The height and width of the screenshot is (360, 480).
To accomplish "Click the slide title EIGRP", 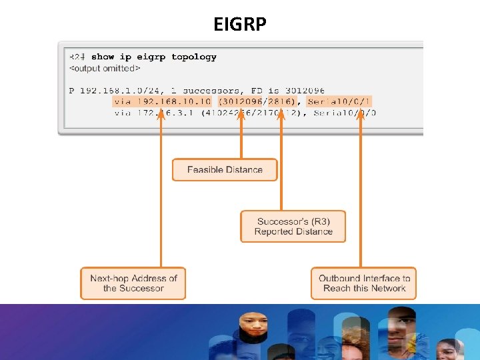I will tap(240, 25).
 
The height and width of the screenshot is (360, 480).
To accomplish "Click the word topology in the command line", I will tap(193, 57).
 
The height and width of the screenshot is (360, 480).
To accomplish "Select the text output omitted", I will tap(105, 68).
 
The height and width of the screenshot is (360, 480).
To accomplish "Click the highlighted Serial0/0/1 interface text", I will tap(339, 101).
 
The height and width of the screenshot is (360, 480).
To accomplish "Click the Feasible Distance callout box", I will tap(225, 169).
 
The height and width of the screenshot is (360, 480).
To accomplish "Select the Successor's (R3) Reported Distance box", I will tap(293, 227).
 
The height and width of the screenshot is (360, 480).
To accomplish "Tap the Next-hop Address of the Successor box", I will tap(133, 283).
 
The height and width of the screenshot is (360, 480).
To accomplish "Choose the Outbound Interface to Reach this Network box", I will tap(364, 283).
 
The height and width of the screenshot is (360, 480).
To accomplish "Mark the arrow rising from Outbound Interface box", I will tap(361, 193).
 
